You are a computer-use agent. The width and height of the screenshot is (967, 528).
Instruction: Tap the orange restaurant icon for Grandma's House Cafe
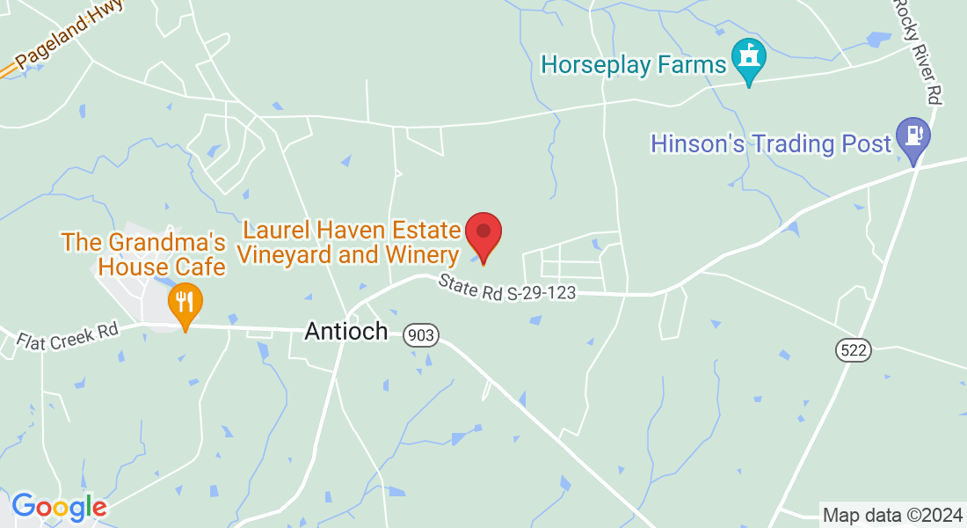click(x=185, y=302)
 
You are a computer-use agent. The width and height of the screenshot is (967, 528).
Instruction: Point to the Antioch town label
click(x=345, y=331)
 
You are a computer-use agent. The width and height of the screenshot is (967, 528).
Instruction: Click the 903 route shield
click(x=421, y=334)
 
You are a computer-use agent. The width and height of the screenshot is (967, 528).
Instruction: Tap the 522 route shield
click(x=853, y=350)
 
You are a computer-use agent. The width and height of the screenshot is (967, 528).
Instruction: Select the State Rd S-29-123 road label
click(x=507, y=287)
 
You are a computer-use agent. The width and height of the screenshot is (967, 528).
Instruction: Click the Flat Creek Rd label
click(x=67, y=335)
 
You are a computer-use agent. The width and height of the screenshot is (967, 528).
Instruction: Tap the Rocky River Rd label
click(x=919, y=51)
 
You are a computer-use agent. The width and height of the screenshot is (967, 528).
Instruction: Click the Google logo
click(x=59, y=507)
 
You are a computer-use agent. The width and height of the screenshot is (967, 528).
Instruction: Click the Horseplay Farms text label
click(x=633, y=64)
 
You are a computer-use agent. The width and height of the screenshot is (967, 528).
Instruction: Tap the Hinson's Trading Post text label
click(x=771, y=143)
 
